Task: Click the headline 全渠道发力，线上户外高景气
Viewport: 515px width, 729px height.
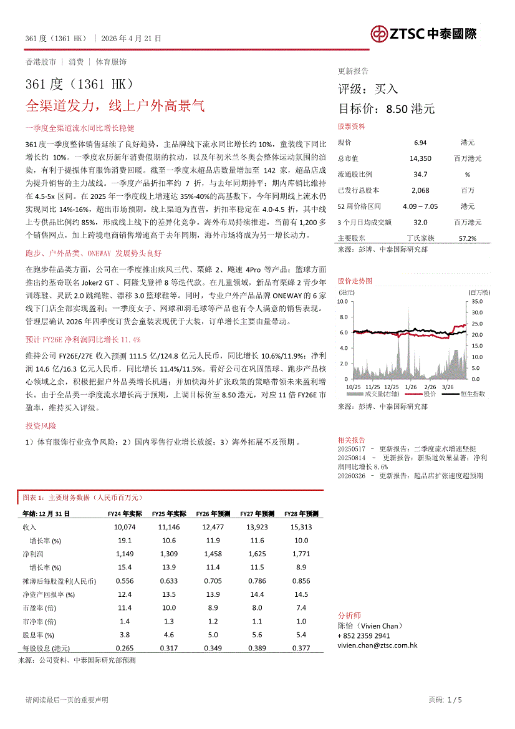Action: (x=115, y=105)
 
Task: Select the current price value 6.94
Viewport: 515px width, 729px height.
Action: (x=420, y=143)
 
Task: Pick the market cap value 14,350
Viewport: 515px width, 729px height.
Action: (x=420, y=158)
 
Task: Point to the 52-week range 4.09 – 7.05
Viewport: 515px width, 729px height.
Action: (x=421, y=206)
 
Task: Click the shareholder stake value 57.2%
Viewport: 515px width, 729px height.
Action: (x=467, y=238)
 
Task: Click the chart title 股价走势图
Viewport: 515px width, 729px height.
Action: (x=355, y=281)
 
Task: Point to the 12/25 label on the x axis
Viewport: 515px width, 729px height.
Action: (x=392, y=387)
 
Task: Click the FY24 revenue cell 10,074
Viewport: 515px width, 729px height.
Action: (x=125, y=527)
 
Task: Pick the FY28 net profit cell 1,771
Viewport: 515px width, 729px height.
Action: (x=301, y=554)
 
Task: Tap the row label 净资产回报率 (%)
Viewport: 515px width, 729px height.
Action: (x=49, y=594)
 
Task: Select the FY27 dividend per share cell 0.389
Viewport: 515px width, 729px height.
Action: (x=257, y=648)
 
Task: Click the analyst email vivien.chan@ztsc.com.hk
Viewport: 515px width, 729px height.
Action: (x=377, y=645)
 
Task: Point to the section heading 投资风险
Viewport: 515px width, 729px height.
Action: (x=41, y=426)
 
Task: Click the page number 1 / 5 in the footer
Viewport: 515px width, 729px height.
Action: (x=455, y=700)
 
